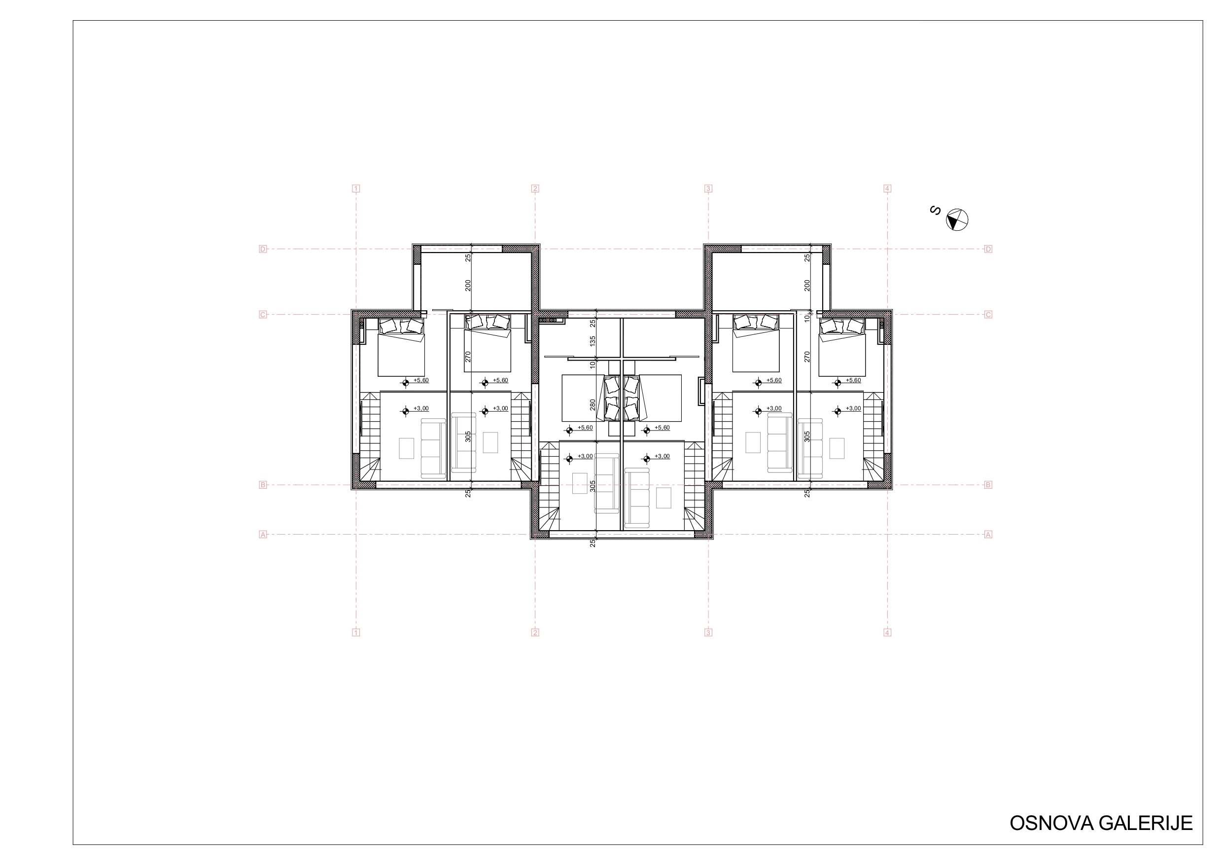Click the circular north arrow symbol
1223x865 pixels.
pos(957,219)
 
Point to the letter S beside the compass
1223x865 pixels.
pos(935,211)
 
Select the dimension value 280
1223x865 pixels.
pos(593,405)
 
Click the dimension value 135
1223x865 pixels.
pos(593,341)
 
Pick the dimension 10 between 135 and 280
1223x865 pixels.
pos(593,365)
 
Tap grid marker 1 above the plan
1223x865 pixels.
pos(356,188)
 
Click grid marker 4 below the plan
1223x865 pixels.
pos(887,633)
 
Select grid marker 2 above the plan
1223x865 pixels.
pos(535,188)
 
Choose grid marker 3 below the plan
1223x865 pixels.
pos(708,633)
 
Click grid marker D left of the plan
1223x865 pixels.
pos(263,249)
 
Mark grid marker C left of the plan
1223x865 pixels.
pos(263,315)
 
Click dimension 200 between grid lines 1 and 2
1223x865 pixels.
pos(468,285)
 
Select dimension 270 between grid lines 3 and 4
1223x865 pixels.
pos(807,357)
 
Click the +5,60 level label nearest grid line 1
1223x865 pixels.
pos(421,381)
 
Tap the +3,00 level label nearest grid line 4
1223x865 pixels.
pos(853,409)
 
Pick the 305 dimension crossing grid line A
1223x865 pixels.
pos(593,486)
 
